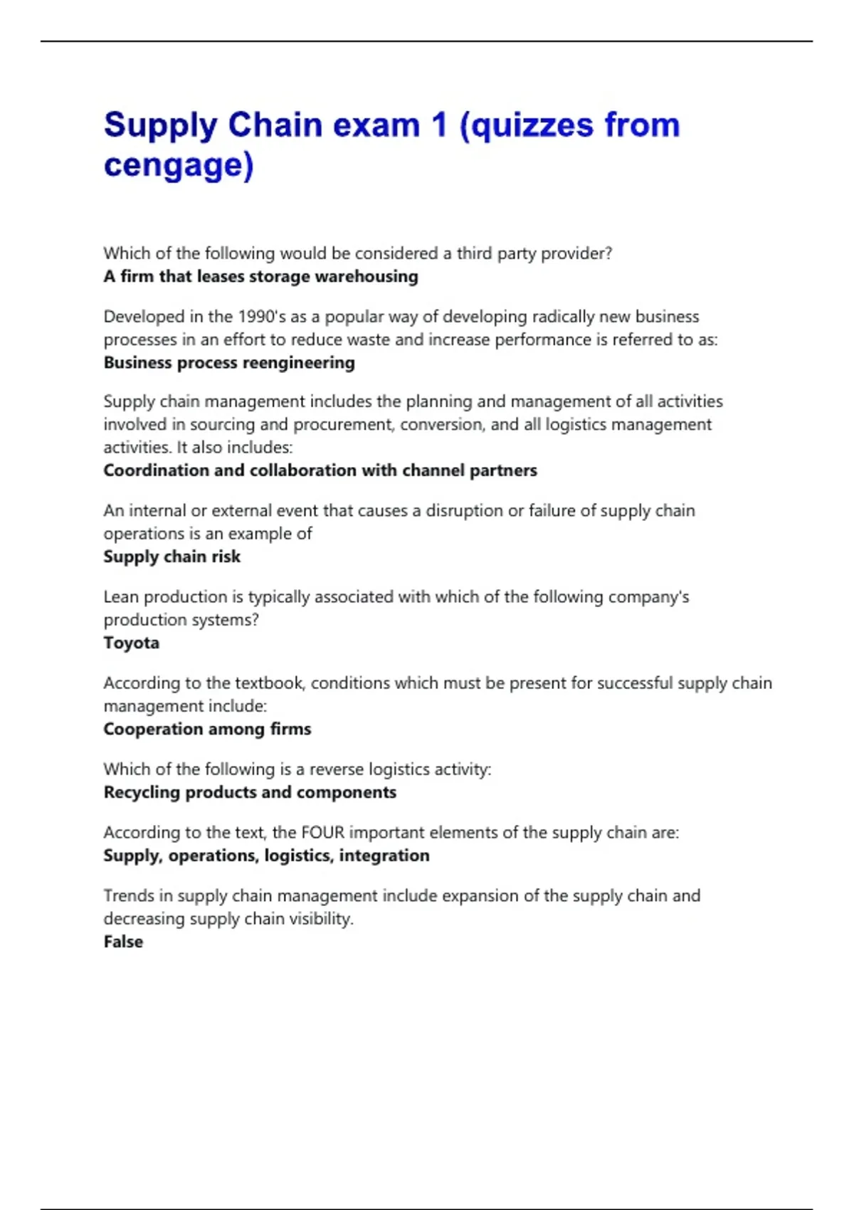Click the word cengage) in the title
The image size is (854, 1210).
coord(179,165)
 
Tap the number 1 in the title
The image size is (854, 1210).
coord(439,125)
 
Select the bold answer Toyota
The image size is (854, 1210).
coord(132,643)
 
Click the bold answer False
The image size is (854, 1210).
coord(123,942)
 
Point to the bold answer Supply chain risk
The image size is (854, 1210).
coord(172,557)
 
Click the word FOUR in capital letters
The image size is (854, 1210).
coord(322,832)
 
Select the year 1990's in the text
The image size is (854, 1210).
coord(261,317)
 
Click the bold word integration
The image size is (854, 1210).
coord(384,856)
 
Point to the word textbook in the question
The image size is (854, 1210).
coord(270,683)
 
